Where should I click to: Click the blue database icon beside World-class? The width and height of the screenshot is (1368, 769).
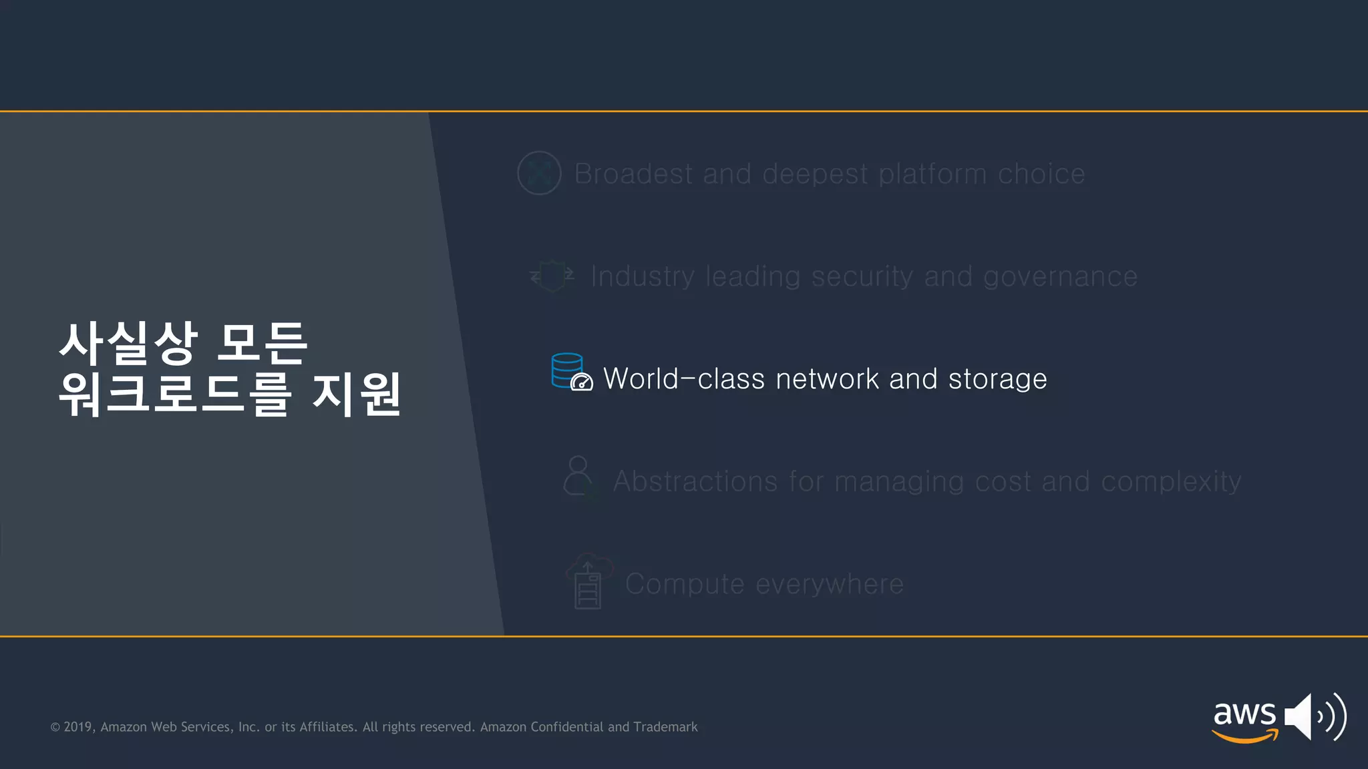(x=567, y=370)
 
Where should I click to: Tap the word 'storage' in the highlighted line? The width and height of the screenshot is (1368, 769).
(x=997, y=379)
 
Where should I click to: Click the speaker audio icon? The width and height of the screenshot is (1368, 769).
(x=1314, y=717)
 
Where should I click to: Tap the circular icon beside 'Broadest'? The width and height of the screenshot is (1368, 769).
(x=539, y=174)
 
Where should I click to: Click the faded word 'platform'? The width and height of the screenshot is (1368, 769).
(x=932, y=174)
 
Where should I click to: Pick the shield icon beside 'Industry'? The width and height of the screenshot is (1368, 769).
(x=552, y=276)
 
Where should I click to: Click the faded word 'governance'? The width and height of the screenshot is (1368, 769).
(x=1060, y=276)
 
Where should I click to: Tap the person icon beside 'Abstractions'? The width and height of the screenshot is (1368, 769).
(x=578, y=477)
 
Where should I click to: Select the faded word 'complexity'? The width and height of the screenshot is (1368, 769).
(x=1171, y=481)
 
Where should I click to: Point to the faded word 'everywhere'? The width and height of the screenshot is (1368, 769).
(x=830, y=584)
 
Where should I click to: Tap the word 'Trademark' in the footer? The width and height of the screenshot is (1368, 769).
(x=665, y=727)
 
